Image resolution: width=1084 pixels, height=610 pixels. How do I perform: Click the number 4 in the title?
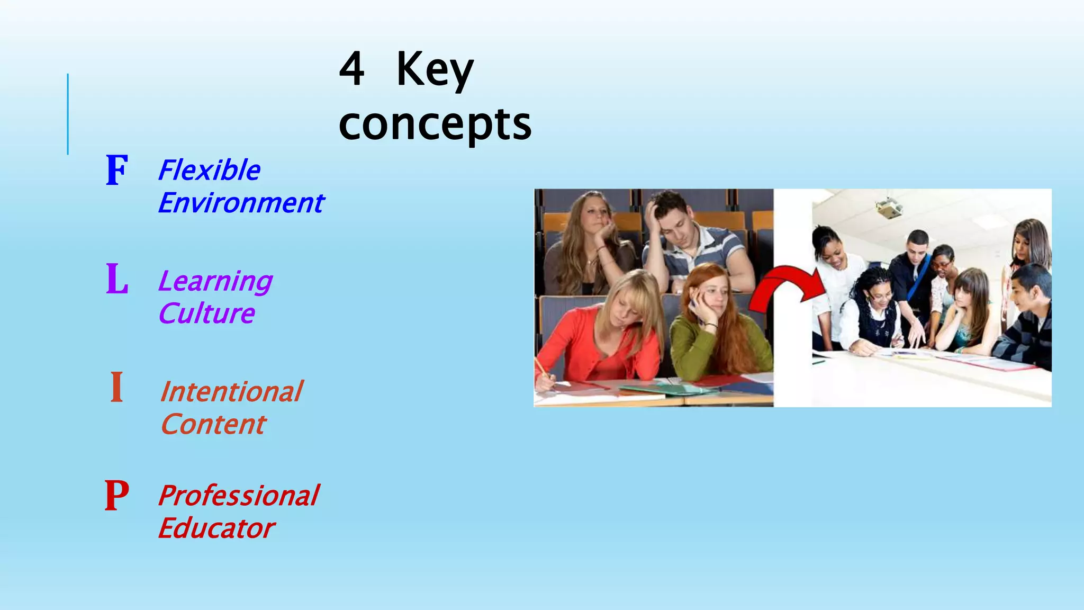click(x=352, y=69)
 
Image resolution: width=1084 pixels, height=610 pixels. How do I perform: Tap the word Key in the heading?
click(x=435, y=70)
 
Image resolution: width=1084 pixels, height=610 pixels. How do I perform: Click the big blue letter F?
click(x=117, y=170)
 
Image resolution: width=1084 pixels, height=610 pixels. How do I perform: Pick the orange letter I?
click(x=117, y=388)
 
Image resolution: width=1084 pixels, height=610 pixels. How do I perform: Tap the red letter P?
click(x=117, y=496)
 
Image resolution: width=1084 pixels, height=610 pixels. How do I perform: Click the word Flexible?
click(x=210, y=171)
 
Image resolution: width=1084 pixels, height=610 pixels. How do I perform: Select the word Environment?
click(x=241, y=203)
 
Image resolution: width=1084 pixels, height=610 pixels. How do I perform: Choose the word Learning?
click(x=215, y=281)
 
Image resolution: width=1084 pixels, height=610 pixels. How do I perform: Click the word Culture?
click(x=207, y=313)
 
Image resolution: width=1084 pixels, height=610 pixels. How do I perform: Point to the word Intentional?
click(x=231, y=392)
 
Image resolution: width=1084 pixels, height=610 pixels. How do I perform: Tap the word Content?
click(x=213, y=424)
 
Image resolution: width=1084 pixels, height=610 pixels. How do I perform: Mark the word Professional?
click(x=239, y=496)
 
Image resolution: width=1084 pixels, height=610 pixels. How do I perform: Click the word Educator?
click(x=216, y=528)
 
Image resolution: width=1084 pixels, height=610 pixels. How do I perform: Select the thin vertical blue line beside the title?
click(x=68, y=114)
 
